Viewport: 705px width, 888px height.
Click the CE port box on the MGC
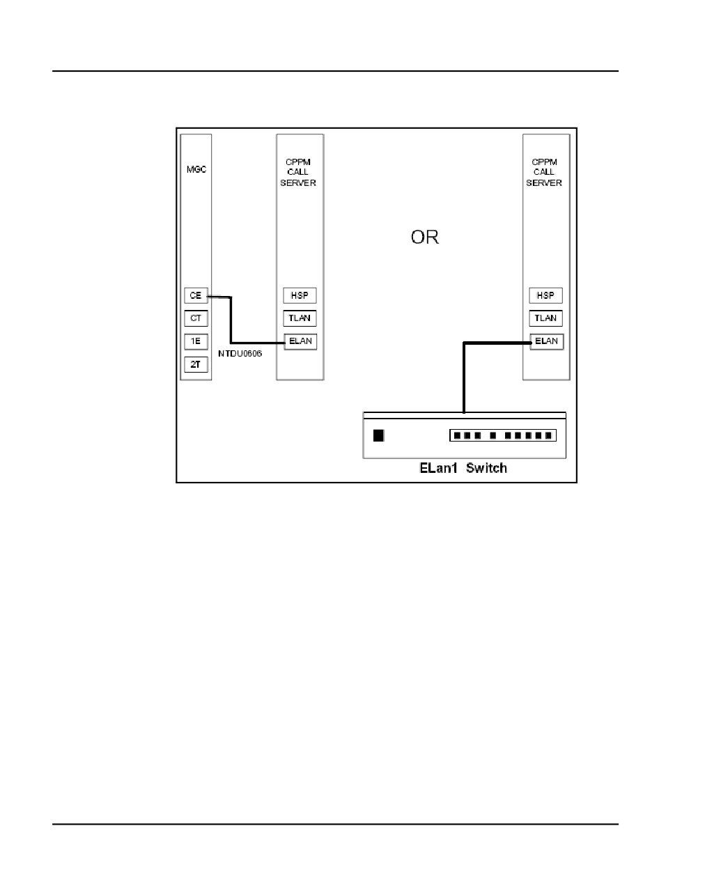click(x=196, y=295)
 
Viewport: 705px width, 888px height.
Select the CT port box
click(x=196, y=318)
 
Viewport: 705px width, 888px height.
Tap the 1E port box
click(x=196, y=341)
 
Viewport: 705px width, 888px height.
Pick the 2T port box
click(x=196, y=364)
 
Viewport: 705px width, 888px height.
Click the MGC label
click(x=196, y=169)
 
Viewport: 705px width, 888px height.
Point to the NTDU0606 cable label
click(x=240, y=354)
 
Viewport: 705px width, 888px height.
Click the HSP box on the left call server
click(x=300, y=295)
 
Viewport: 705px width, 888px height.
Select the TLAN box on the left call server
click(x=300, y=318)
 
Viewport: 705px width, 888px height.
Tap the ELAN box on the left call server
click(x=300, y=342)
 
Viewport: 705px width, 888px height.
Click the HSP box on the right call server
click(x=545, y=295)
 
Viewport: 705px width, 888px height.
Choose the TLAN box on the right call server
click(x=545, y=318)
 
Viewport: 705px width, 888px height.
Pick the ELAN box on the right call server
click(x=546, y=342)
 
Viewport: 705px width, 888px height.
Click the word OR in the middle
click(x=425, y=237)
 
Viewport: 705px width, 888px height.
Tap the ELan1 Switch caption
click(x=463, y=468)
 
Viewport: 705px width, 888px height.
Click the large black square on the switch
click(x=378, y=435)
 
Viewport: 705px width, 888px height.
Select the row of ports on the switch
click(x=503, y=435)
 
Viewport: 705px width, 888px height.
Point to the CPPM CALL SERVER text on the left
click(x=298, y=172)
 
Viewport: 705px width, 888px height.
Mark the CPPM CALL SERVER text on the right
click(x=544, y=172)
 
